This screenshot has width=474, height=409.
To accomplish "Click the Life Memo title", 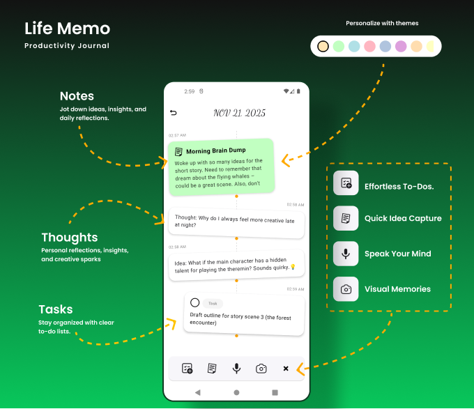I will click(x=67, y=29).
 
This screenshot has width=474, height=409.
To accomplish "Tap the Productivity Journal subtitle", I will click(x=67, y=46).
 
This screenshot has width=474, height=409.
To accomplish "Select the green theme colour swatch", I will click(x=338, y=47).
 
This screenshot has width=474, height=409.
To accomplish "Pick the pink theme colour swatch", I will click(x=369, y=47).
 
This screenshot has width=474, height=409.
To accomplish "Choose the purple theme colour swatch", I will click(x=401, y=47).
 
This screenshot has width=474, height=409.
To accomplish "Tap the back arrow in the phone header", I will click(x=174, y=113).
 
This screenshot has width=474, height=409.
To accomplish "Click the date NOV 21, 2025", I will click(x=239, y=113).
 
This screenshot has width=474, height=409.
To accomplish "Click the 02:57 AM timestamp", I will click(x=177, y=135).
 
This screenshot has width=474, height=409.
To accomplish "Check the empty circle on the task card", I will click(x=195, y=302).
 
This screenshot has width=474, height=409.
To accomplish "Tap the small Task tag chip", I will click(x=213, y=303).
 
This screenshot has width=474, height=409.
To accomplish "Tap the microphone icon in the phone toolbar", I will click(x=237, y=369).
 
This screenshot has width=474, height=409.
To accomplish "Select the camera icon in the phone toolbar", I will click(x=261, y=369).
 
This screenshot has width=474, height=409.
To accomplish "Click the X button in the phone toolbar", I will click(x=286, y=369).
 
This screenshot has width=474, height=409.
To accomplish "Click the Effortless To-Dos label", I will click(x=399, y=187).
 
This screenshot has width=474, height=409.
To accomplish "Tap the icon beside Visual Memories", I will click(x=346, y=289).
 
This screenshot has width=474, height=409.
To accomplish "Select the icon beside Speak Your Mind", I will click(x=346, y=254).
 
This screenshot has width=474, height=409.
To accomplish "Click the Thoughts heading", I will click(x=70, y=238).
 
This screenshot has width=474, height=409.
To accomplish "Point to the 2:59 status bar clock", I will click(x=190, y=91).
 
